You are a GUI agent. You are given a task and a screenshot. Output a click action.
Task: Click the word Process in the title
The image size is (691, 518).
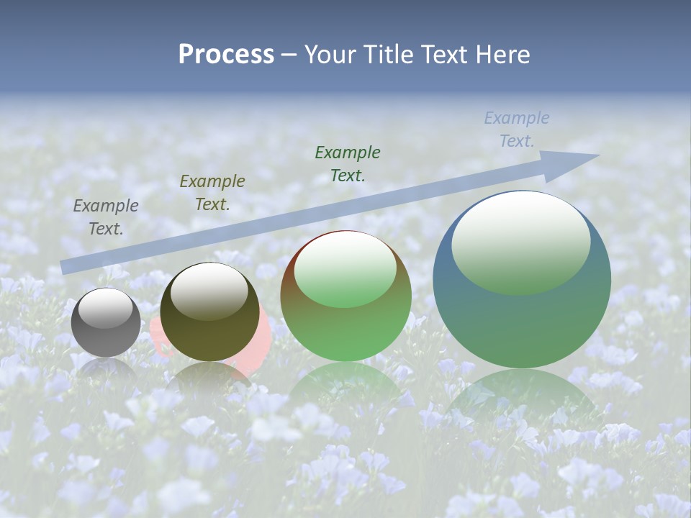pos(226,54)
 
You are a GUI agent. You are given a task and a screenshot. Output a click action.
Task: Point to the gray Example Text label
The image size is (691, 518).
pos(105,217)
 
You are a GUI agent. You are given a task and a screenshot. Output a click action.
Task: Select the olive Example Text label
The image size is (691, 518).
pos(212,192)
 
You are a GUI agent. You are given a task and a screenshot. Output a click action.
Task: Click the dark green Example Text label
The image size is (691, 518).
pos(348,163)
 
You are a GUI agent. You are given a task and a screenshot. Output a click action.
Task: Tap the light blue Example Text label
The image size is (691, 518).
pos(517,129)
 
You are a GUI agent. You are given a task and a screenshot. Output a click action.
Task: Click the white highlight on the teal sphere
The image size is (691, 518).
pos(520,241)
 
